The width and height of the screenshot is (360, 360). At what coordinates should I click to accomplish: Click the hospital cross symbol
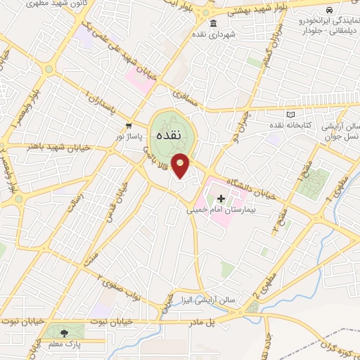coord(221,200)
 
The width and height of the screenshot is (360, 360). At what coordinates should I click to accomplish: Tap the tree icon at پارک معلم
coord(65,332)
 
